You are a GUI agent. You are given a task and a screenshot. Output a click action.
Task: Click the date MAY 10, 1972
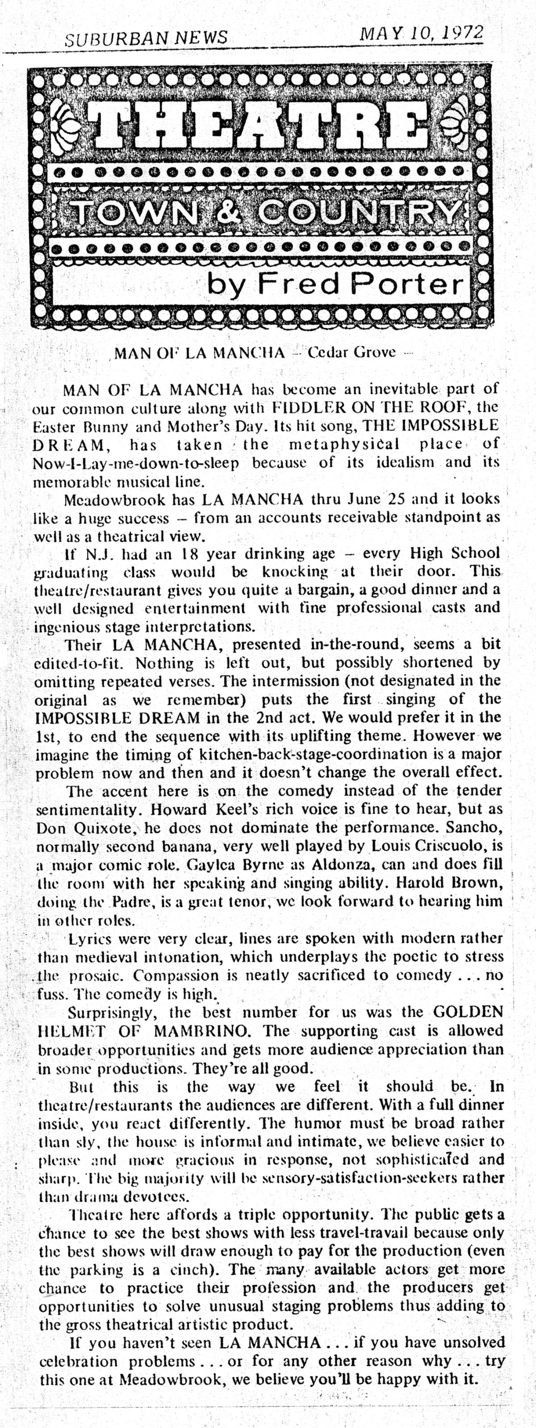tap(421, 33)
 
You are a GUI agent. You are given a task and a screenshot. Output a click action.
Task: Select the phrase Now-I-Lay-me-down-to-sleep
tap(136, 463)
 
